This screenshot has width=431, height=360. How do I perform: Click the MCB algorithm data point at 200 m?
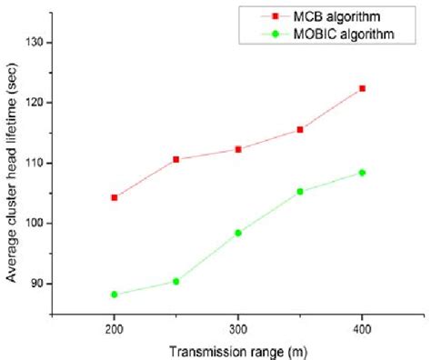(114, 197)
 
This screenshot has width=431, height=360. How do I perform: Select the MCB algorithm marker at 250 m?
(175, 159)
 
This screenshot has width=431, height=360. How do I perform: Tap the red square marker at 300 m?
(238, 149)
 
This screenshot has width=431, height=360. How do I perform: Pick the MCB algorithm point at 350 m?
(300, 129)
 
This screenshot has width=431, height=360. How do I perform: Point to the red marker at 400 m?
(362, 88)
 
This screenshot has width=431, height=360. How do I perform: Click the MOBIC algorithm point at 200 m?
(114, 294)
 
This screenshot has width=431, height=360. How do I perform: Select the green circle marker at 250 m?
(175, 281)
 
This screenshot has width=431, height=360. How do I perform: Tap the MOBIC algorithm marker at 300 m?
(238, 233)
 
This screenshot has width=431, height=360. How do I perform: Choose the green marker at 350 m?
(300, 191)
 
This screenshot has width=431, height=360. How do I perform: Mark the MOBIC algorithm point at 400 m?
(362, 172)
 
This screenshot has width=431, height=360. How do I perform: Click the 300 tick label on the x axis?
(238, 329)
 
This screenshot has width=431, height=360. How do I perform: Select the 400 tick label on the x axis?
(362, 329)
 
